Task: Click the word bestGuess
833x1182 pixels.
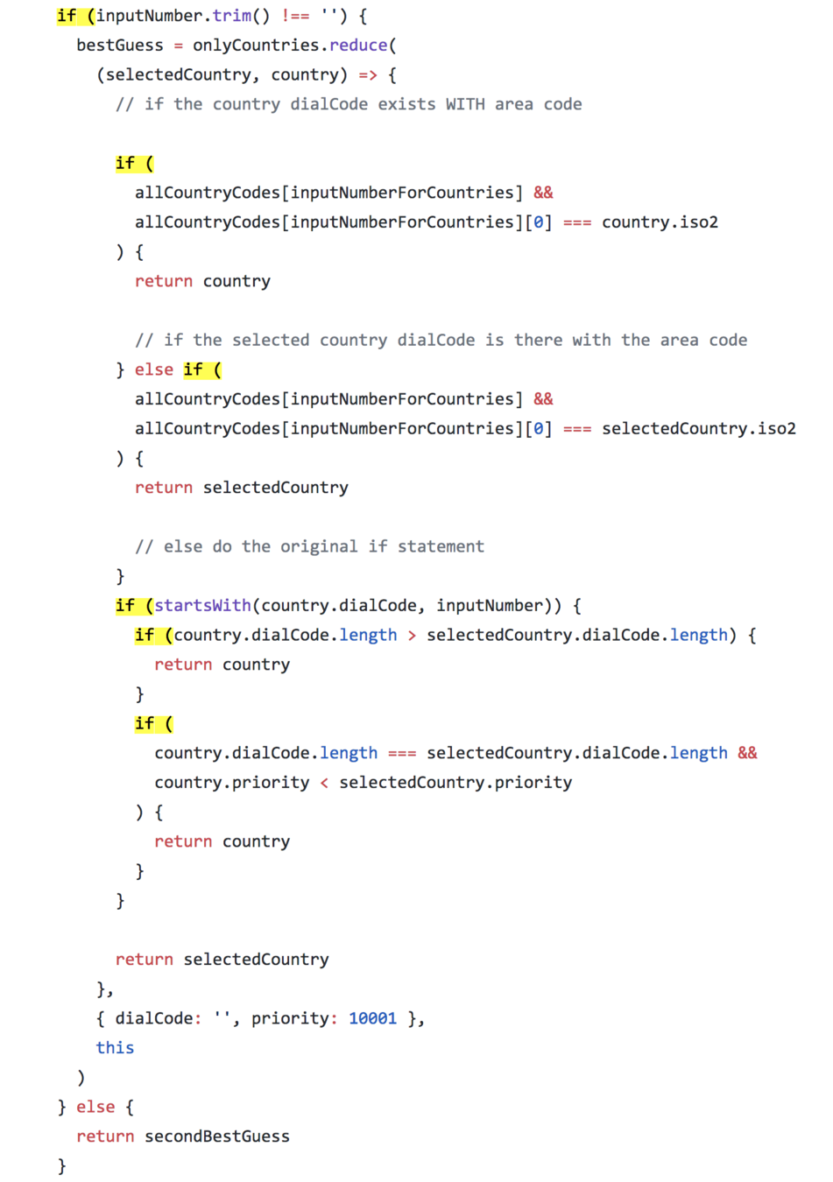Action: tap(120, 46)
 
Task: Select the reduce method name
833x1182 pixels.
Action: tap(358, 46)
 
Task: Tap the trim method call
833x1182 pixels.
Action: tap(231, 16)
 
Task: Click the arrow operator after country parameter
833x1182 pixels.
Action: tap(368, 75)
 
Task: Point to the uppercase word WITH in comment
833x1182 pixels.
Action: tap(465, 104)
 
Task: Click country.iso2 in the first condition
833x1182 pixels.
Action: tap(660, 222)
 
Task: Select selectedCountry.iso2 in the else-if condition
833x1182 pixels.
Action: tap(698, 428)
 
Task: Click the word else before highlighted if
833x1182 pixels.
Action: tap(154, 369)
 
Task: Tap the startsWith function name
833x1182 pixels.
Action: tap(202, 606)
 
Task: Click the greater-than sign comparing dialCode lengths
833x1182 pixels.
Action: tap(412, 636)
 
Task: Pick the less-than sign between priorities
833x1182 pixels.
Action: tap(324, 783)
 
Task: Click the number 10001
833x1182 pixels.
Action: tap(372, 1018)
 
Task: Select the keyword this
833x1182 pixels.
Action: tap(115, 1048)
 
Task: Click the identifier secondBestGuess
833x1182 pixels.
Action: tap(217, 1136)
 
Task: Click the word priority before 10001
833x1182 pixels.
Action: tap(290, 1018)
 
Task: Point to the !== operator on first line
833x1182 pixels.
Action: tap(295, 16)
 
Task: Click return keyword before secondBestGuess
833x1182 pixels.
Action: tap(105, 1136)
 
